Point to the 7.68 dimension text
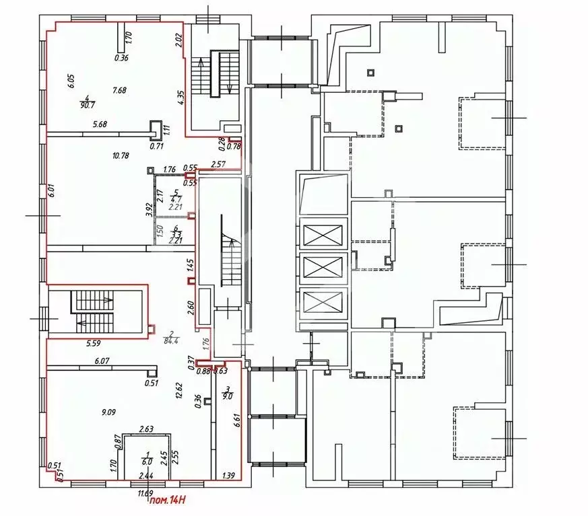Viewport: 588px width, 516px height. tap(120, 90)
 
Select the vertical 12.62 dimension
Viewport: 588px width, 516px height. tap(179, 392)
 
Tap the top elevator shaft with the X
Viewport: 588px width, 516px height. tap(323, 235)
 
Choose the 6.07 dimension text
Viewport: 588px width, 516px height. tap(102, 361)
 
